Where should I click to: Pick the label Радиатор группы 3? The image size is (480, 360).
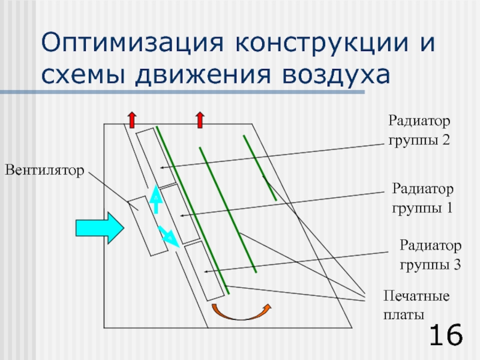[x=430, y=254]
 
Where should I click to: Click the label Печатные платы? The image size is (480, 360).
[x=416, y=305]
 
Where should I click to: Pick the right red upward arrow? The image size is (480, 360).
[x=200, y=118]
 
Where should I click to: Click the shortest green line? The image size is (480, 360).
[x=260, y=167]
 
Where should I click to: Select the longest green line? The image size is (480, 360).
[x=192, y=210]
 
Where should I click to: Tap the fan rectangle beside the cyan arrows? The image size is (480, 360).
[x=146, y=226]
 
